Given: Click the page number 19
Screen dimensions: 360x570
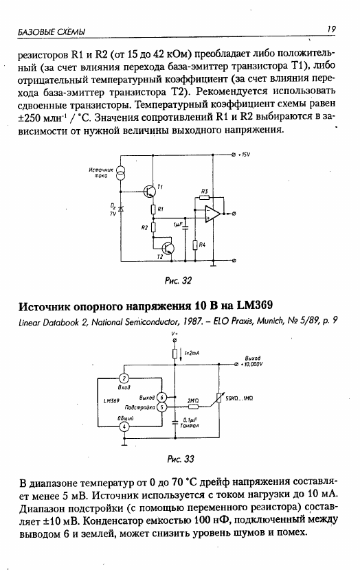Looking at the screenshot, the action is (x=331, y=30).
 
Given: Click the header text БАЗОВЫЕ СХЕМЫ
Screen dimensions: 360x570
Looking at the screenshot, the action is (x=52, y=32).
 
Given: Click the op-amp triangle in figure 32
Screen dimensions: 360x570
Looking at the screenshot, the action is (x=213, y=213).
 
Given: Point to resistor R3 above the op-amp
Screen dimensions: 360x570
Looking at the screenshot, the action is (x=204, y=197).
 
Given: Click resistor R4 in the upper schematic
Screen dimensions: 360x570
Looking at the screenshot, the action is (x=195, y=245).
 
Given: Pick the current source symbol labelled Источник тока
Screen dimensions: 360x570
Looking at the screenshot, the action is (x=120, y=172).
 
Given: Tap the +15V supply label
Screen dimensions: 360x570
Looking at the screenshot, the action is (x=244, y=155).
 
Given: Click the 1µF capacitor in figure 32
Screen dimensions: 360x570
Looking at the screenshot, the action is (x=185, y=228).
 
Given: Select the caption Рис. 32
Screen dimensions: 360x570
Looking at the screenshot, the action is (x=178, y=281).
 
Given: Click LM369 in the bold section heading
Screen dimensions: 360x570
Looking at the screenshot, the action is (x=254, y=305).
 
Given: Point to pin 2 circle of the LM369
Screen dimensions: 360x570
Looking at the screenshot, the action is (x=124, y=378).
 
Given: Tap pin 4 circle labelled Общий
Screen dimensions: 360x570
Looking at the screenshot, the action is (x=124, y=426).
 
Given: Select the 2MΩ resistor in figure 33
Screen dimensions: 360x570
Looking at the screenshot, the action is (x=193, y=407).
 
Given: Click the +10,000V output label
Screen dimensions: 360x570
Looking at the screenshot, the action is (x=251, y=364).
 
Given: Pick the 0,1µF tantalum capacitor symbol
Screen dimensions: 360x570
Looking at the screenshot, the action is (x=175, y=422).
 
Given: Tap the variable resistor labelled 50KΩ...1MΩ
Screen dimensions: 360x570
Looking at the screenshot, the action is (x=218, y=398).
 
